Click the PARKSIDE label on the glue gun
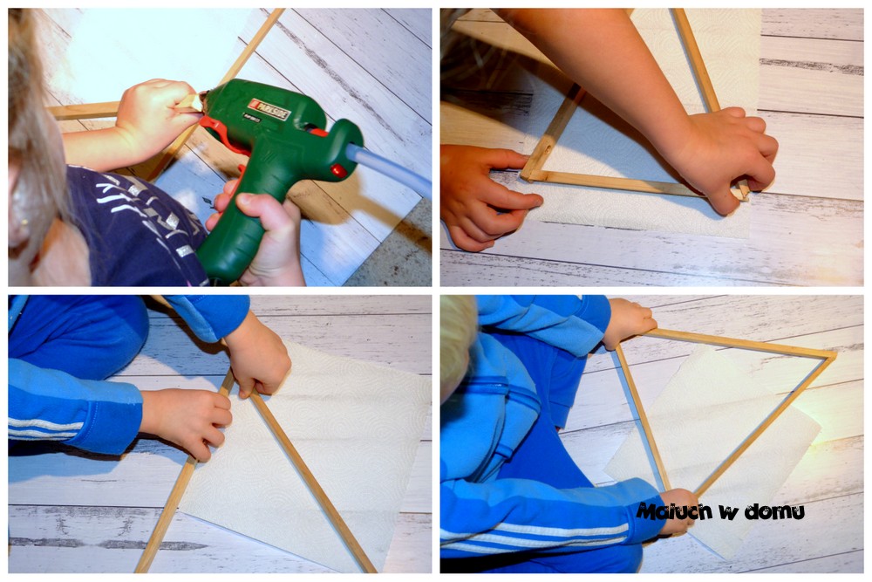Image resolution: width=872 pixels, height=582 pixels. pos(269,106)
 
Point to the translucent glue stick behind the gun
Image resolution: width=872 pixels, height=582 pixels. pos(389,167)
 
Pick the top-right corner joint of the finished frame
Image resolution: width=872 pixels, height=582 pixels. pos(830,354)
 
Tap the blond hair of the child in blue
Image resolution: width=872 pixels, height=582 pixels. pos(457,345)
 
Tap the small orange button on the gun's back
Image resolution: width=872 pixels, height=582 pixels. pos(337,170)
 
